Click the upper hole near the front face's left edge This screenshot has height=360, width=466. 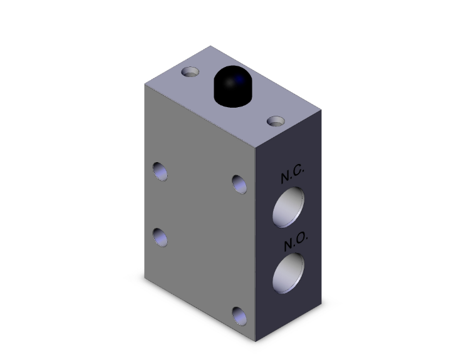(161, 170)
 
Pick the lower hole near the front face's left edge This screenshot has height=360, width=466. (161, 237)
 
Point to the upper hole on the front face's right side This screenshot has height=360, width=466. (239, 183)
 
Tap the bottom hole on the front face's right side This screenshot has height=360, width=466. (239, 316)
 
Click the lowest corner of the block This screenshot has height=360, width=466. (257, 342)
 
